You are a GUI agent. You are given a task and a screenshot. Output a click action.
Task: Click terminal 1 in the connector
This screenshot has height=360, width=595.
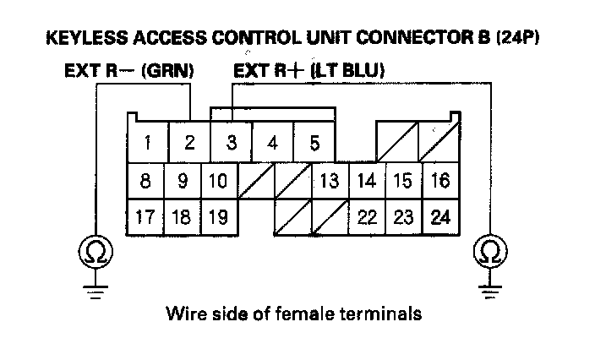tap(148, 143)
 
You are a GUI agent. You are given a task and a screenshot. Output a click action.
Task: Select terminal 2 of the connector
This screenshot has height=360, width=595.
tap(189, 143)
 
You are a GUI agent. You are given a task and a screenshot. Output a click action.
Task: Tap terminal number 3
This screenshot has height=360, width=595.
tap(231, 143)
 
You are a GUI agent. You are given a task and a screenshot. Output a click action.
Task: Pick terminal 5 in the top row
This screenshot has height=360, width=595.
tap(314, 143)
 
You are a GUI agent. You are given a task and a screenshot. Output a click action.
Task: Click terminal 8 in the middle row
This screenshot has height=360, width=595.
tap(146, 180)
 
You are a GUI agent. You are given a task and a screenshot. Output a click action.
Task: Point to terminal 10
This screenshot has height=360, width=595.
tap(218, 180)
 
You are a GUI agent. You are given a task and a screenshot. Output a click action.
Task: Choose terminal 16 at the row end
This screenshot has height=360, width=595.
tap(440, 180)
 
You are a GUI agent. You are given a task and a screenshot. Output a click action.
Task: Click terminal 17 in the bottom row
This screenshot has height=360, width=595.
tap(146, 216)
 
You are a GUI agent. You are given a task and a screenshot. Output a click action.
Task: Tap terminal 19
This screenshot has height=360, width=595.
tap(218, 216)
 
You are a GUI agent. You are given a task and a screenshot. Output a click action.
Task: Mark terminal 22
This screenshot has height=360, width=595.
tap(367, 216)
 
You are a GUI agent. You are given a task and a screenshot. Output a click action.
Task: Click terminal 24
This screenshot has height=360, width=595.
tap(440, 216)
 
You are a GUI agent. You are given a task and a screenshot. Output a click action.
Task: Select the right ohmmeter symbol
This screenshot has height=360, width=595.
tap(489, 251)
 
